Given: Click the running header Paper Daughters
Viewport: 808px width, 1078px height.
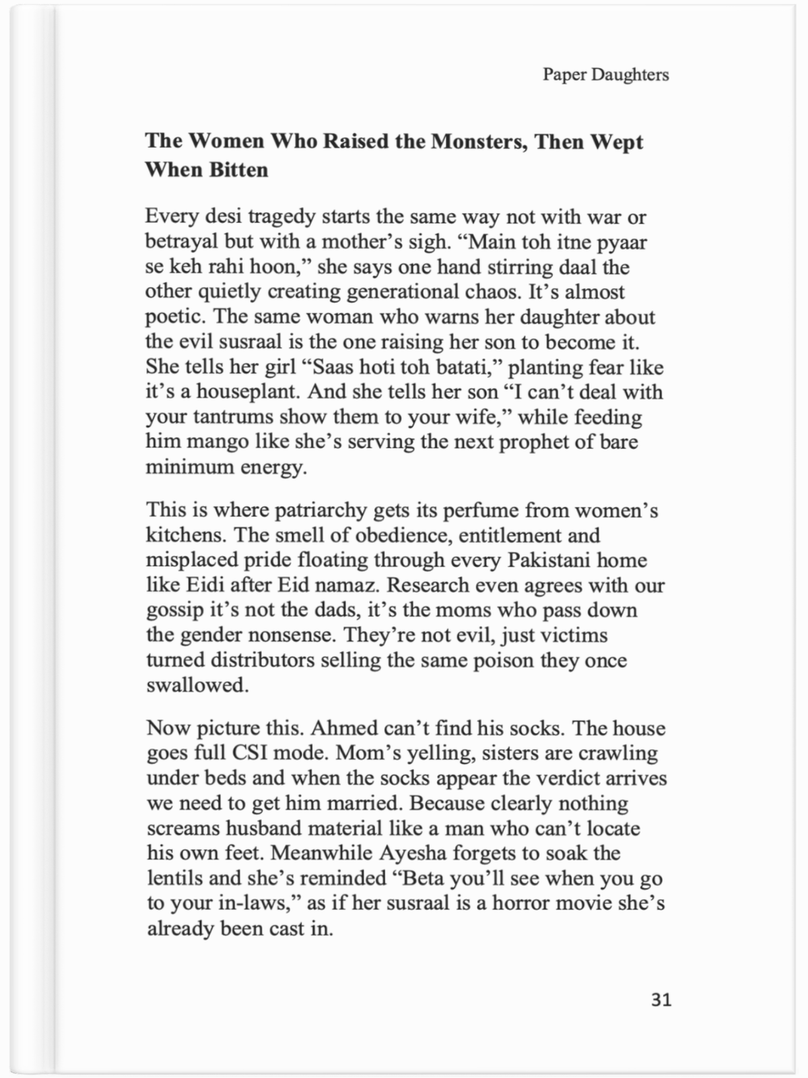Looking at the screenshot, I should click(605, 75).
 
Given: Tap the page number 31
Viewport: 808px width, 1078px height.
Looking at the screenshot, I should click(661, 1000).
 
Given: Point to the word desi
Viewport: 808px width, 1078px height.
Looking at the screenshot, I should click(223, 217).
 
